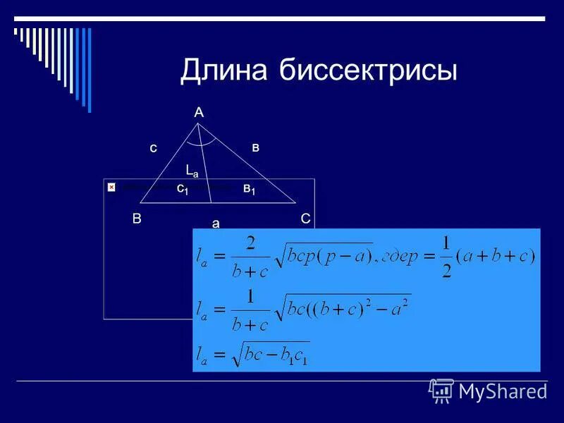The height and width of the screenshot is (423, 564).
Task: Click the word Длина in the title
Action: click(x=224, y=71)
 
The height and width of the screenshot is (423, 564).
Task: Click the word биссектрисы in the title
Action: click(x=368, y=71)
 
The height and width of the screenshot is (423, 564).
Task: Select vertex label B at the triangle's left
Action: click(x=137, y=219)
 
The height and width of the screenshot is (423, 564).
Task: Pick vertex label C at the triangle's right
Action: click(x=305, y=219)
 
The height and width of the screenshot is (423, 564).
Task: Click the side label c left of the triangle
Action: click(x=152, y=149)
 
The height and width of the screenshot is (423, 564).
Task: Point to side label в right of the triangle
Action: click(x=256, y=147)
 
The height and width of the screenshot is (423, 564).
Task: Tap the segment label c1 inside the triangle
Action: click(x=182, y=188)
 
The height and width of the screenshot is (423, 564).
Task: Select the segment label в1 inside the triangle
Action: click(x=249, y=188)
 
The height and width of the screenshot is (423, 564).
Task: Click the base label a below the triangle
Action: click(x=216, y=223)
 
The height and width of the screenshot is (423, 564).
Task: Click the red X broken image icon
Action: click(x=111, y=188)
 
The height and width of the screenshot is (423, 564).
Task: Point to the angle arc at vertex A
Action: click(x=201, y=142)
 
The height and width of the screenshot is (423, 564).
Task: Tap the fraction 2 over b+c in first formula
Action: click(x=248, y=257)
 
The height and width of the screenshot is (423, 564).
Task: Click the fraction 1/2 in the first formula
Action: click(x=446, y=257)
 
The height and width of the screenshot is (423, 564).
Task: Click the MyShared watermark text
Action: click(x=502, y=391)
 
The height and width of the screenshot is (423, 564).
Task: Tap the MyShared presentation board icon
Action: click(x=441, y=391)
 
